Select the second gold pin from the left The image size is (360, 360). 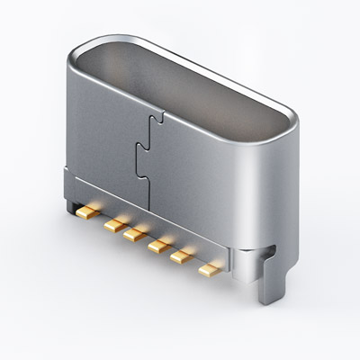click(112, 221)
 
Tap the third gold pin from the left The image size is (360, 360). click(136, 233)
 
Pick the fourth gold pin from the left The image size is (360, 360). click(159, 244)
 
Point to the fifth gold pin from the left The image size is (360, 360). click(182, 256)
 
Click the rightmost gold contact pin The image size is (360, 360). click(207, 267)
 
